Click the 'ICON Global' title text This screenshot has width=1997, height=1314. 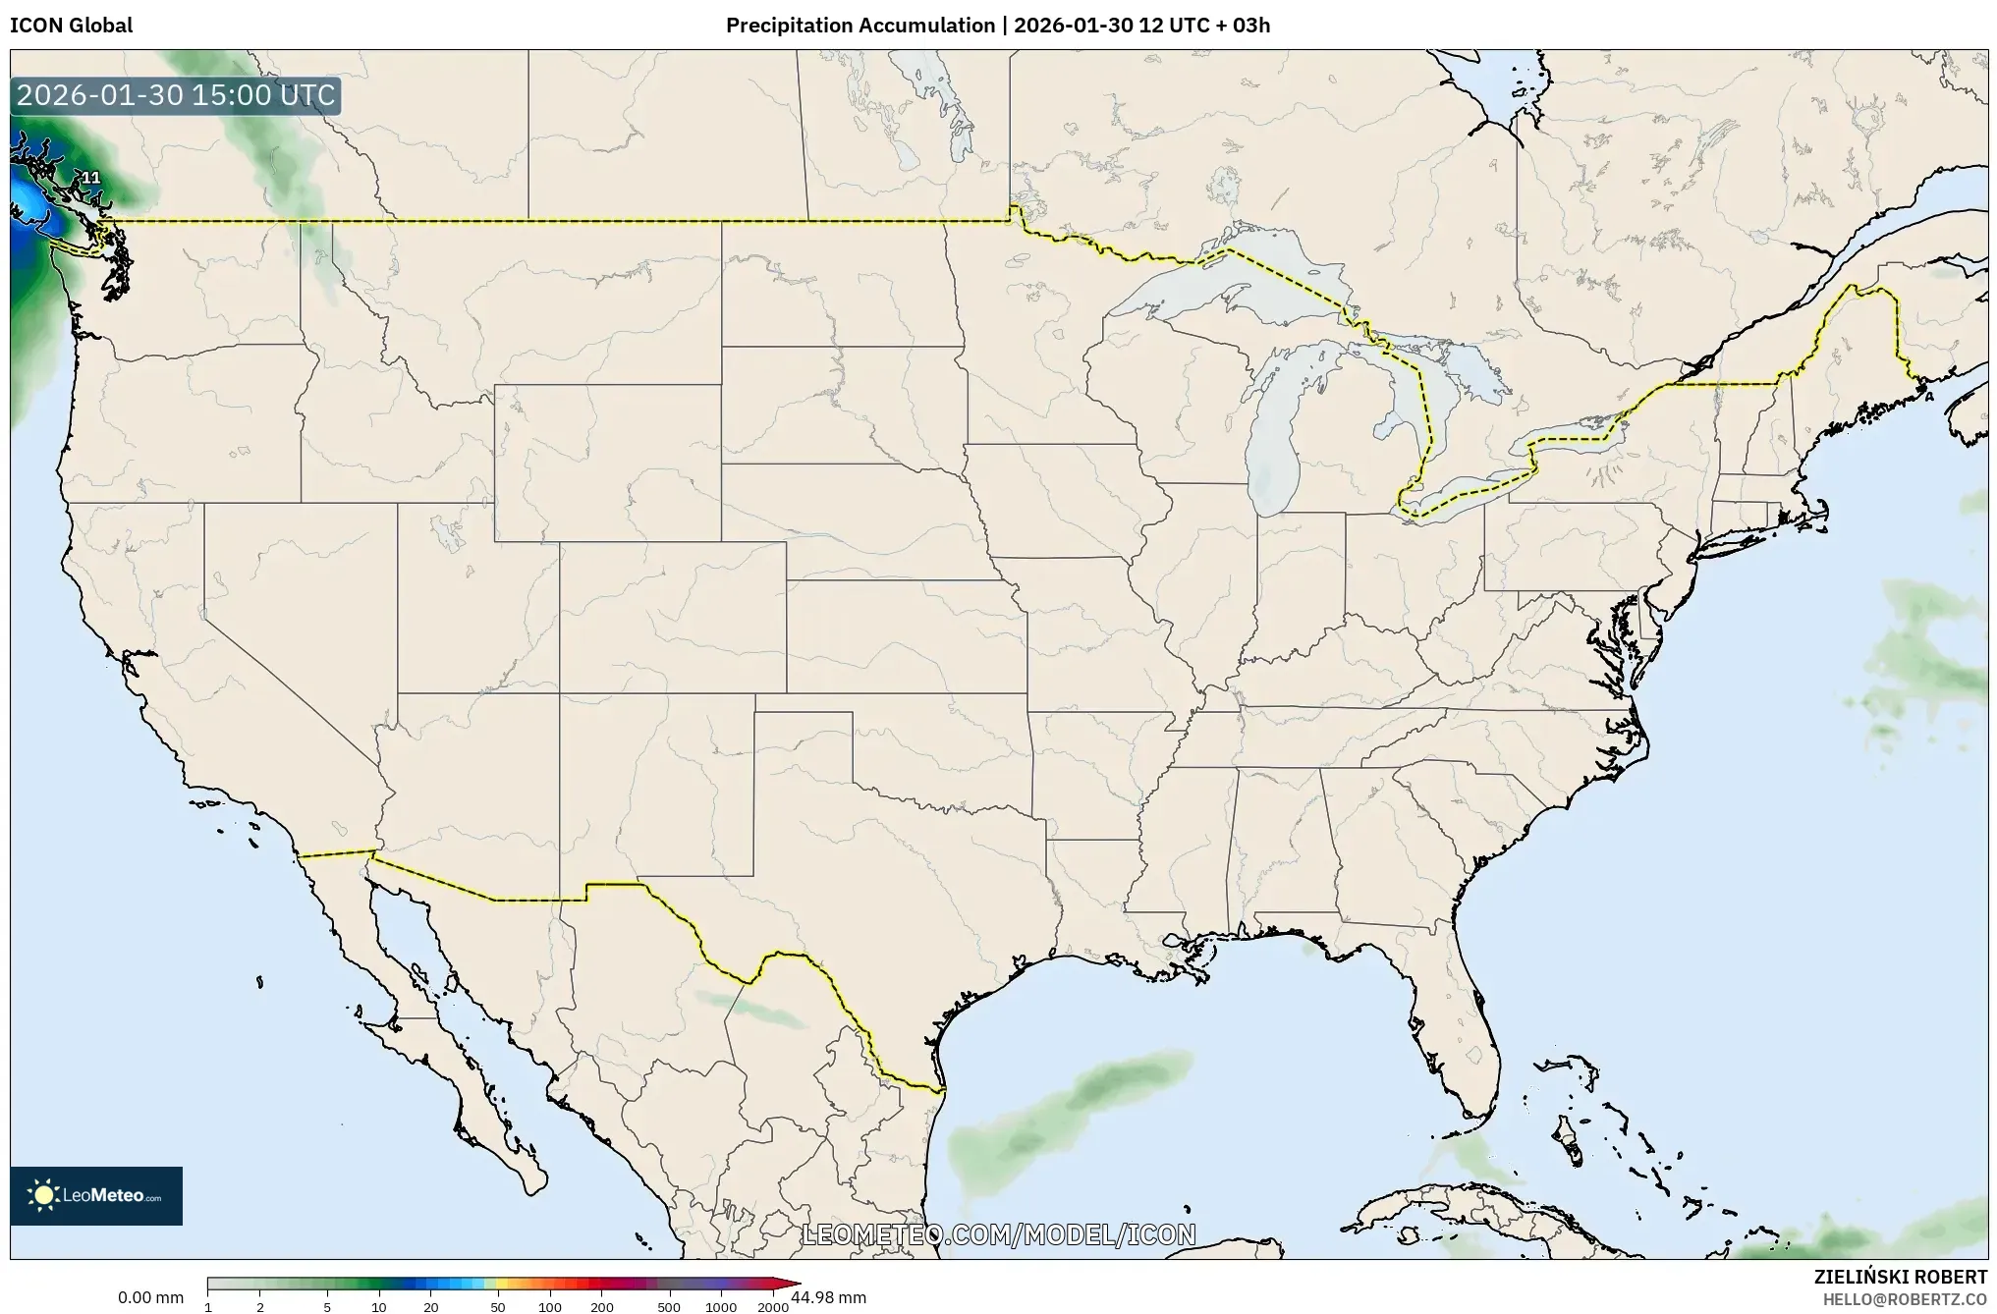71,26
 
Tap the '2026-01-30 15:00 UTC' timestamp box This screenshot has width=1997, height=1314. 176,95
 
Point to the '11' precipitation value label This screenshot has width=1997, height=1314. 90,177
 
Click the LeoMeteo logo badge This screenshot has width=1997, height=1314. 96,1195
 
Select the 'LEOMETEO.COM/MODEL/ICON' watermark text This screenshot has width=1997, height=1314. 998,1234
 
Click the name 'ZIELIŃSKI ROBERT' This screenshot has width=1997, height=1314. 1900,1277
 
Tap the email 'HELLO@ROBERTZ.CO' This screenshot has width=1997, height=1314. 1905,1298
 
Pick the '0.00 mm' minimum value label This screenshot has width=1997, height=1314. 150,1298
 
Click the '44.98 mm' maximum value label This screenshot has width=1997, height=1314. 828,1298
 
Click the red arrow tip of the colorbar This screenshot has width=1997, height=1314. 794,1283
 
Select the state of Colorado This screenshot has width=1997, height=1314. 672,618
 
